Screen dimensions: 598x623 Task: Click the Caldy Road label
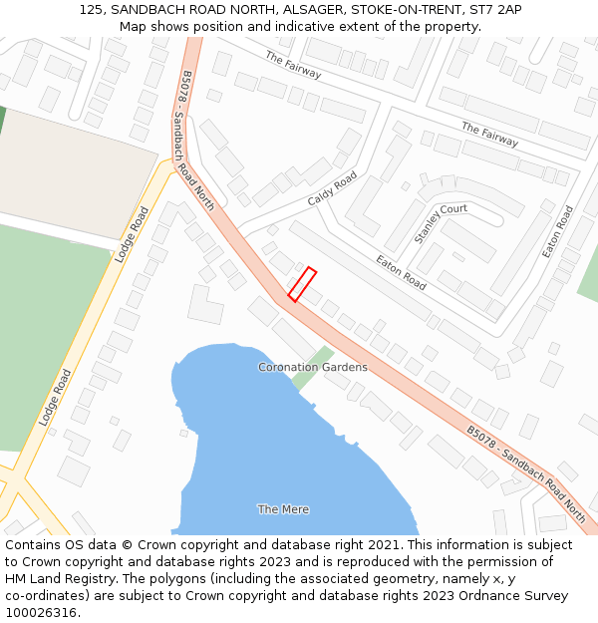pyautogui.click(x=332, y=187)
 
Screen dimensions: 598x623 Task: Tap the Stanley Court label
pyautogui.click(x=441, y=223)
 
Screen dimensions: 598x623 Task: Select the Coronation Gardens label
pyautogui.click(x=312, y=367)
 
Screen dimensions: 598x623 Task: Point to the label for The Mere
pyautogui.click(x=283, y=509)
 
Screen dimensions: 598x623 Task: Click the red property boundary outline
pyautogui.click(x=302, y=283)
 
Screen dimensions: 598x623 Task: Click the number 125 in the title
pyautogui.click(x=92, y=9)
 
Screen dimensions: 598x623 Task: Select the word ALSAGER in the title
pyautogui.click(x=301, y=9)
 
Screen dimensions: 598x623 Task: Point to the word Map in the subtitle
pyautogui.click(x=134, y=26)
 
